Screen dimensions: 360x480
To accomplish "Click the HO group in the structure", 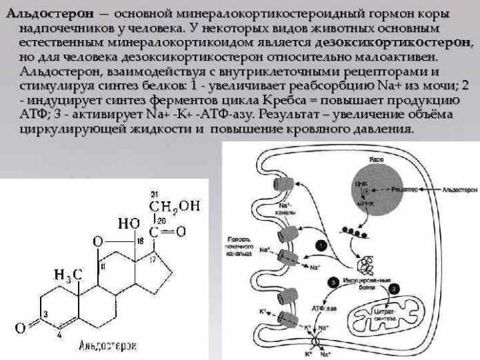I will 129,223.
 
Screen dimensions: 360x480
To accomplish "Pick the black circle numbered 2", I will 394,288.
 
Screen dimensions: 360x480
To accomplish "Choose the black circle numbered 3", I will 332,282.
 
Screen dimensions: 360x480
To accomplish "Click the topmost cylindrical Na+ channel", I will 283,188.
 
